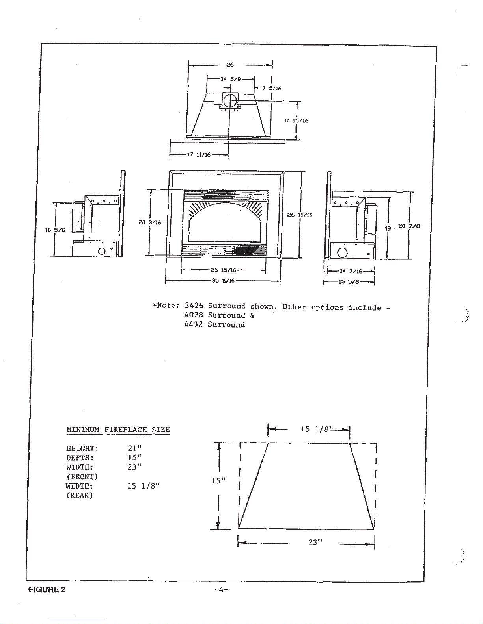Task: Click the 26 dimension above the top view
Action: [230, 65]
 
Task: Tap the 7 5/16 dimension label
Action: [271, 88]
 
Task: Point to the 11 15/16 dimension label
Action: [296, 120]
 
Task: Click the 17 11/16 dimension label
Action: [199, 154]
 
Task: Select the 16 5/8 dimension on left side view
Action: [55, 230]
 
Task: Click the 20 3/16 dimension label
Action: [150, 222]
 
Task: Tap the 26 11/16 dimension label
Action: [300, 215]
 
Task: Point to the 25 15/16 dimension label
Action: [224, 270]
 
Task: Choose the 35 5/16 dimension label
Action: [224, 281]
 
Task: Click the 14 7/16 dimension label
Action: [351, 271]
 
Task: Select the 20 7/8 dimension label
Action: [409, 226]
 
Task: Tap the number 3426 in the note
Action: [194, 306]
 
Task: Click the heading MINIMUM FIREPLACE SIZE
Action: [118, 430]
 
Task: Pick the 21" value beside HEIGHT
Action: [134, 448]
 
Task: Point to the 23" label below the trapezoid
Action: [315, 542]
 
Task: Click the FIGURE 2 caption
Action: [47, 589]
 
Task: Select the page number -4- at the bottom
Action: [221, 589]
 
